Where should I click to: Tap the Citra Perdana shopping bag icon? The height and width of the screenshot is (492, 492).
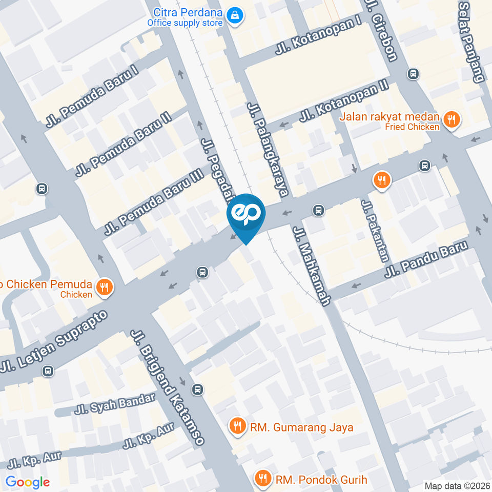pyautogui.click(x=235, y=15)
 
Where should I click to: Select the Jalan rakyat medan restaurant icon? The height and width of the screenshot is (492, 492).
pyautogui.click(x=452, y=120)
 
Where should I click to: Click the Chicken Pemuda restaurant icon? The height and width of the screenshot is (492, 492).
pyautogui.click(x=105, y=287)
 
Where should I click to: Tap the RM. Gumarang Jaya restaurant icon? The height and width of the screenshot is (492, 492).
pyautogui.click(x=237, y=425)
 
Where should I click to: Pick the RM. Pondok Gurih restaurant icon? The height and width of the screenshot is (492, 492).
pyautogui.click(x=263, y=479)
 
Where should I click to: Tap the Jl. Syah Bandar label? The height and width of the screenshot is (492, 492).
pyautogui.click(x=115, y=404)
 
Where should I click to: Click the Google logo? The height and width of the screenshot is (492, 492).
pyautogui.click(x=28, y=482)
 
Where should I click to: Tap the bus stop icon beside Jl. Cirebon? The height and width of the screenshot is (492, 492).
pyautogui.click(x=413, y=74)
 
